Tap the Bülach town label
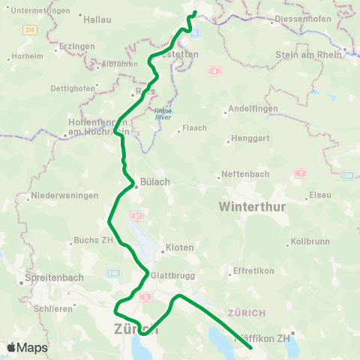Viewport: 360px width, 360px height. click(x=155, y=182)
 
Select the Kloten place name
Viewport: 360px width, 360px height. click(x=180, y=247)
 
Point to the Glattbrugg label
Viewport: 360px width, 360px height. click(x=167, y=275)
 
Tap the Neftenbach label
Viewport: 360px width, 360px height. click(x=243, y=176)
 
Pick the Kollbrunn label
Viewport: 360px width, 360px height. click(x=309, y=244)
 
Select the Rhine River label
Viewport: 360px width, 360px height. click(x=163, y=113)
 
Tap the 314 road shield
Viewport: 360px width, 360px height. click(x=29, y=29)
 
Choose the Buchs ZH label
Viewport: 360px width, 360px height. click(x=92, y=241)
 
